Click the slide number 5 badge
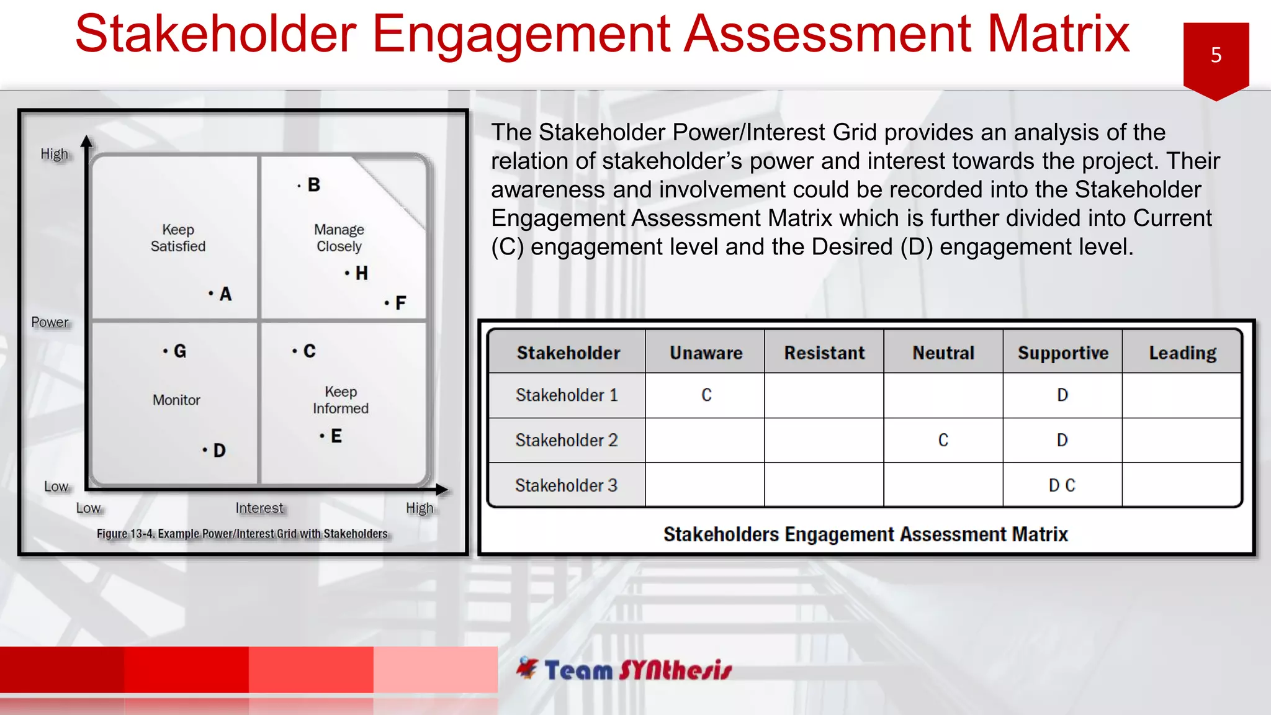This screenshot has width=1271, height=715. pyautogui.click(x=1215, y=56)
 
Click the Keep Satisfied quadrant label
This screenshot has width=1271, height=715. pyautogui.click(x=178, y=238)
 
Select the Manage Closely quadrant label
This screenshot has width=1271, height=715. pyautogui.click(x=339, y=238)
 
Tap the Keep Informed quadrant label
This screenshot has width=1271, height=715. pyautogui.click(x=341, y=400)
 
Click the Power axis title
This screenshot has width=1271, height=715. pyautogui.click(x=50, y=322)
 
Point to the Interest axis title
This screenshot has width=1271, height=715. pyautogui.click(x=259, y=508)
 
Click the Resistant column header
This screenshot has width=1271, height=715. pyautogui.click(x=824, y=353)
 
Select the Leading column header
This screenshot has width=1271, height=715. pyautogui.click(x=1182, y=353)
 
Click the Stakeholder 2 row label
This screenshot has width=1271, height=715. pyautogui.click(x=566, y=440)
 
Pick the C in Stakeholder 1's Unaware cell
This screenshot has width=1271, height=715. pyautogui.click(x=706, y=395)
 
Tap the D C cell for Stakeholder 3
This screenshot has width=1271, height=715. pyautogui.click(x=1061, y=485)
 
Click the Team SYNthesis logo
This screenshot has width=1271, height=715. pyautogui.click(x=624, y=669)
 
